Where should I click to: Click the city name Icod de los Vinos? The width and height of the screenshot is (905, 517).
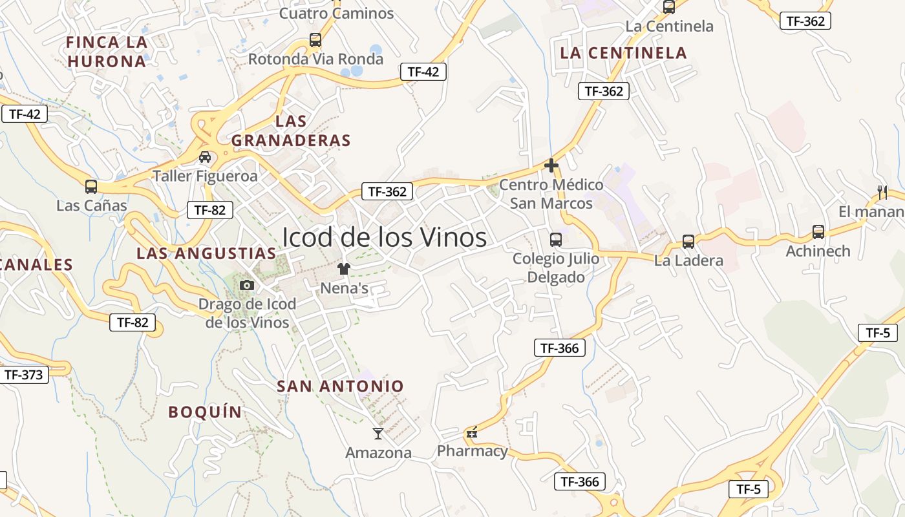point(384,237)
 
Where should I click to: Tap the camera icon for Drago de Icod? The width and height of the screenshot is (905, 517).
point(246,285)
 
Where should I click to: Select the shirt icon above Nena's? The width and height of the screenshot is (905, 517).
point(343,269)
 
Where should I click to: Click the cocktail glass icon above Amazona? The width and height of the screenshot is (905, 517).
point(378,433)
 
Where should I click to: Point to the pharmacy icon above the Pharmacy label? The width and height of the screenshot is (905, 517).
point(472,432)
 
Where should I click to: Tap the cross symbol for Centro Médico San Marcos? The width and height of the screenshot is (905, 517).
point(551,165)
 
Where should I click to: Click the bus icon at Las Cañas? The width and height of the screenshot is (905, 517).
point(91,187)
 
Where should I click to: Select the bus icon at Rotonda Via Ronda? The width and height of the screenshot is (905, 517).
point(315,40)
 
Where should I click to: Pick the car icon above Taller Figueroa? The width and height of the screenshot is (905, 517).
point(205,157)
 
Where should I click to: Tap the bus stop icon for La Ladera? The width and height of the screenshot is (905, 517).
point(688,242)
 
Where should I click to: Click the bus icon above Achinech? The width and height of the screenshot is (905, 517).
point(818,232)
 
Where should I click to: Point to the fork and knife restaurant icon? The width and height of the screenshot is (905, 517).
point(882,192)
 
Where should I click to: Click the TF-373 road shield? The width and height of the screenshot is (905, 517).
point(23,374)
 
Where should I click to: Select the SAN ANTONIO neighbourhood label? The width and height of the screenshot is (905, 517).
point(340,386)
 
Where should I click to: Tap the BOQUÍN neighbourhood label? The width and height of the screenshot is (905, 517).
point(205,412)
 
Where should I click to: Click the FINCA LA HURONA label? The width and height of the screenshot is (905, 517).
point(107,52)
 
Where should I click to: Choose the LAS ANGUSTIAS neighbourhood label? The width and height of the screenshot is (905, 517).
point(206,253)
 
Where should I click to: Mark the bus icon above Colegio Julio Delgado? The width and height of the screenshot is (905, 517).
point(555,240)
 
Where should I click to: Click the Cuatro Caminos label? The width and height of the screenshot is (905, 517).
point(336,13)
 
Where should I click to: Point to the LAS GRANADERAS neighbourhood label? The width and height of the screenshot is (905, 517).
point(291,131)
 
